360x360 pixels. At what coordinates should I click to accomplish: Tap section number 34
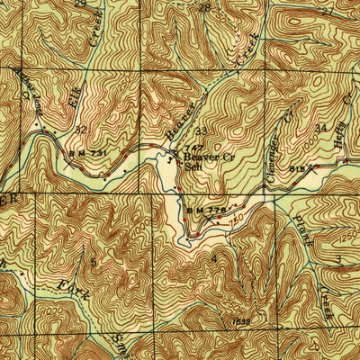[321, 129]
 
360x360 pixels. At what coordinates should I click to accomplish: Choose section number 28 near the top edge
[204, 7]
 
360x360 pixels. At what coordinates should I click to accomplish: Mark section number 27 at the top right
[326, 11]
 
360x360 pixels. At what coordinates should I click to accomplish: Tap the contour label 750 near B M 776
[237, 215]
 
